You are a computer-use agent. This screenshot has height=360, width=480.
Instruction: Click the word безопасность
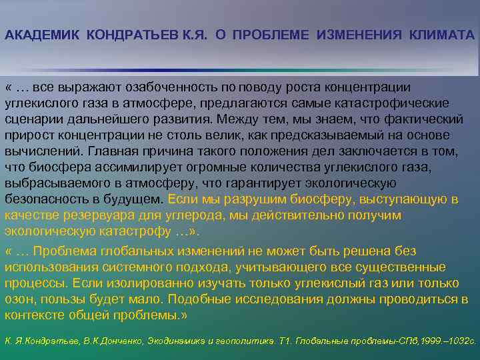(44, 199)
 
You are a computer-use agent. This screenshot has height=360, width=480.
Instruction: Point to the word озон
(17, 299)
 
